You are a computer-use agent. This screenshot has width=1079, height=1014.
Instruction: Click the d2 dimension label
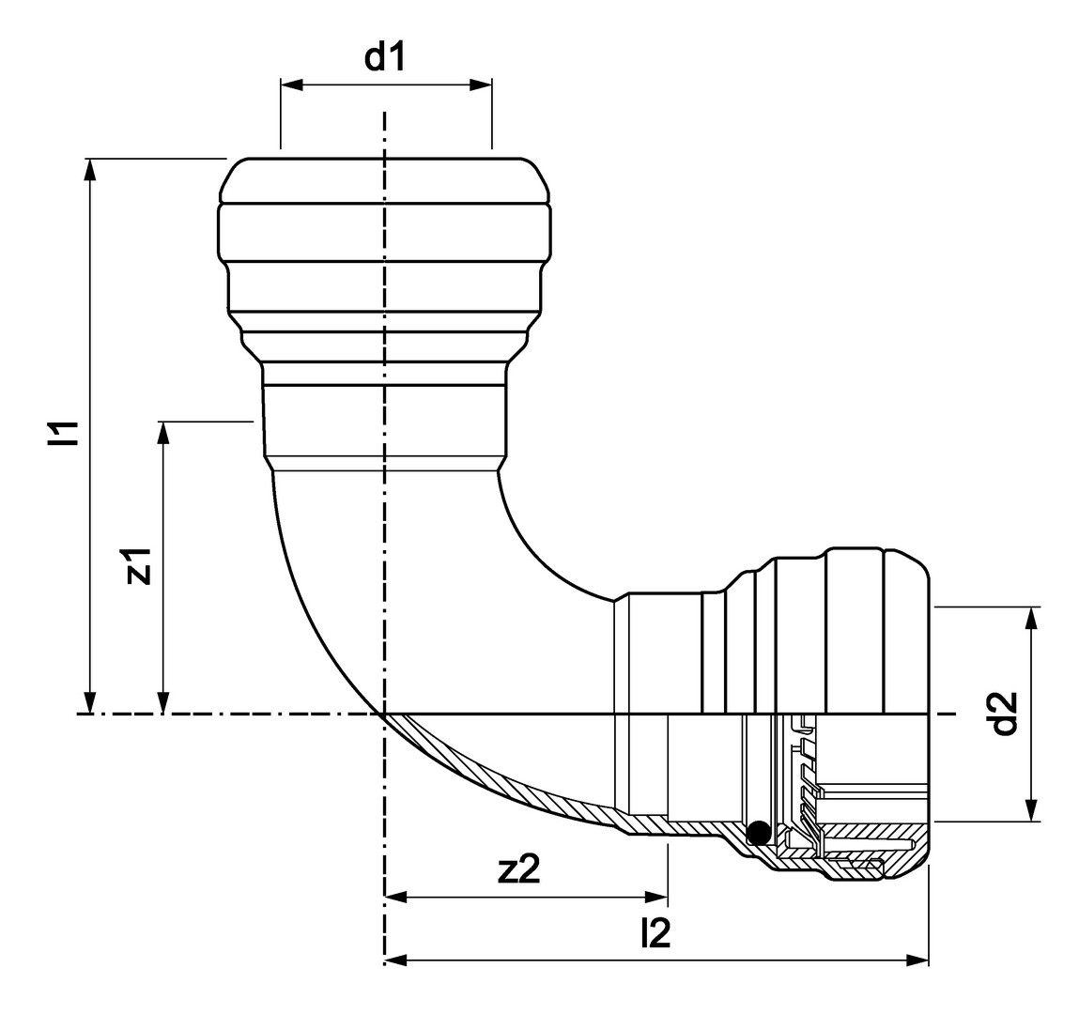pos(1006,713)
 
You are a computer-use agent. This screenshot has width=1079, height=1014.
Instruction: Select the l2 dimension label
pos(655,933)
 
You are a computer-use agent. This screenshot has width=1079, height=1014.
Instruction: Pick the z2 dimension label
pos(519,869)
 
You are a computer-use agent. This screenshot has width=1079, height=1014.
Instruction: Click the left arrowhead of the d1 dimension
pos(291,85)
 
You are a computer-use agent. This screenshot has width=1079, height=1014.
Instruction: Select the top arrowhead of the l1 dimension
pos(89,170)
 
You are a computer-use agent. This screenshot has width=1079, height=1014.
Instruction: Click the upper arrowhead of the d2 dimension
pos(1031,619)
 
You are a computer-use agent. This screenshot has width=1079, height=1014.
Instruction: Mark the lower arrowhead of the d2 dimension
pos(1031,809)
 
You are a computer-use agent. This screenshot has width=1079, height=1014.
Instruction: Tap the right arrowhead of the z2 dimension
pos(656,897)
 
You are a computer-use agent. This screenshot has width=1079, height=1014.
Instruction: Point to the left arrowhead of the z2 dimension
pos(395,897)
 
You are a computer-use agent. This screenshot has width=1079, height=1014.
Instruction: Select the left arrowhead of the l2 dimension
pos(395,960)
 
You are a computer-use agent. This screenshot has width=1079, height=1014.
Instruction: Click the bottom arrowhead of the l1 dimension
pos(89,702)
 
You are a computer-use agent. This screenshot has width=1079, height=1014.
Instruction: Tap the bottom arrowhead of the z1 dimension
pos(163,702)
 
